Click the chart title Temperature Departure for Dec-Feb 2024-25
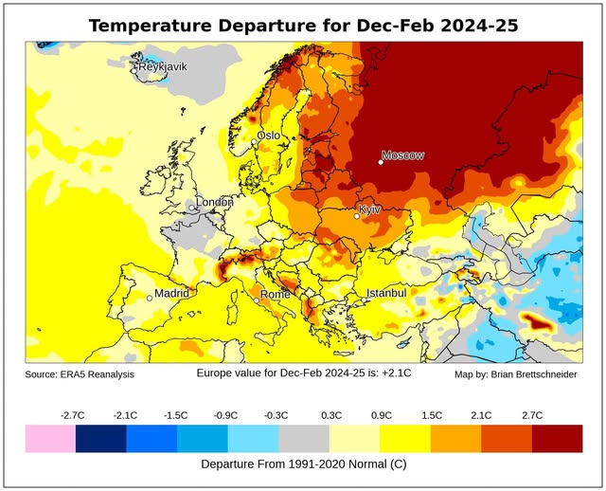tap(303, 26)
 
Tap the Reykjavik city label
tap(163, 66)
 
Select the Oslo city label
tap(269, 136)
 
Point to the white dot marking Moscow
tap(381, 162)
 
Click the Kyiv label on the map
tap(370, 209)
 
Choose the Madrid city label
tap(172, 293)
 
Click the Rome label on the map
tap(276, 294)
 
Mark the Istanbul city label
tap(386, 293)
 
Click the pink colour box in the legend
tap(50, 437)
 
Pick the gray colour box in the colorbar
tap(303, 437)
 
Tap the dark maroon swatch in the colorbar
tap(557, 437)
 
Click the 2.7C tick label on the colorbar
tap(531, 414)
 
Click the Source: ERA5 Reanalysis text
tap(80, 375)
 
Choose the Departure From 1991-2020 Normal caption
tap(303, 464)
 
